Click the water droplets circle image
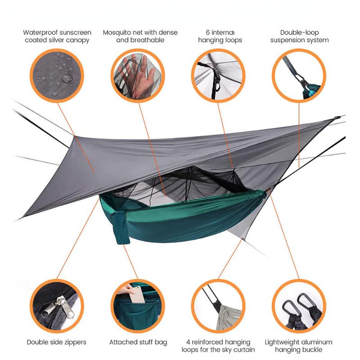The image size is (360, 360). point(57,74)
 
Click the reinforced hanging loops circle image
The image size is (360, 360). point(218,306)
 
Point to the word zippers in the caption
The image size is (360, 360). point(73,342)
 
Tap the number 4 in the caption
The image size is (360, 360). point(188,342)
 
